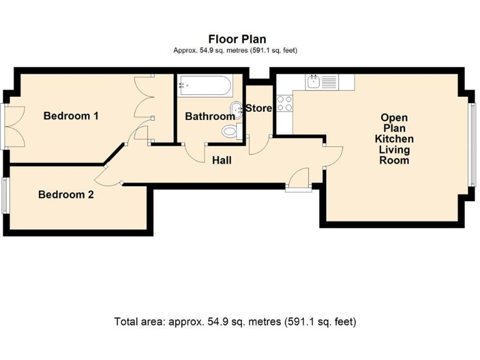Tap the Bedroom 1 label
71,116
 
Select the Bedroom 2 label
66,194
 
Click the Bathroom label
209,116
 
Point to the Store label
258,108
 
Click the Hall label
221,161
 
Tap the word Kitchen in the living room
394,139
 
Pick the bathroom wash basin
236,110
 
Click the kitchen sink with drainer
321,81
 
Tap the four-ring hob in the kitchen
284,103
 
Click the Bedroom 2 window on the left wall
4,196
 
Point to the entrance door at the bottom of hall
298,179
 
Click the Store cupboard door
257,144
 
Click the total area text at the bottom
235,322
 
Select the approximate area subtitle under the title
235,50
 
